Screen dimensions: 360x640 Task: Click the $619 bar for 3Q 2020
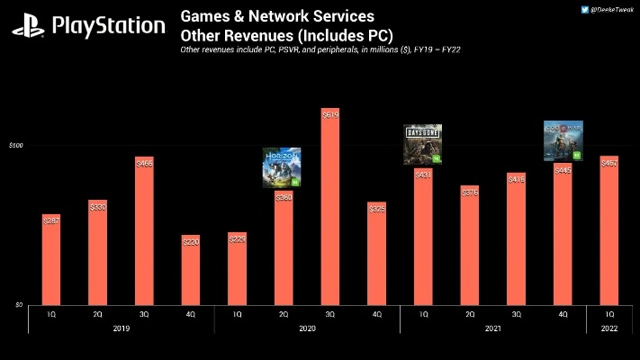coord(329,207)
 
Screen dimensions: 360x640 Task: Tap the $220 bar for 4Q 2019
coord(191,270)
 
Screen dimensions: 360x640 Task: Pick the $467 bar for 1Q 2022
coord(608,230)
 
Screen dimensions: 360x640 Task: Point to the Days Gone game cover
coord(422,145)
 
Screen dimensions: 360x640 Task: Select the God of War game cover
coord(563,140)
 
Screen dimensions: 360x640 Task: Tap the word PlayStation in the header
coord(108,26)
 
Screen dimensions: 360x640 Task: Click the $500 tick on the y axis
coord(16,145)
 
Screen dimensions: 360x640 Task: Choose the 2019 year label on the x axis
coord(121,328)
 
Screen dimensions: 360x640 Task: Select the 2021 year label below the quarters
coord(492,328)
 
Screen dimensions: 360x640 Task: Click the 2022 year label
coord(608,328)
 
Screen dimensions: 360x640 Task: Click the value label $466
coord(144,163)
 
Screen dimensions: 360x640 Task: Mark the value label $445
coord(562,169)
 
